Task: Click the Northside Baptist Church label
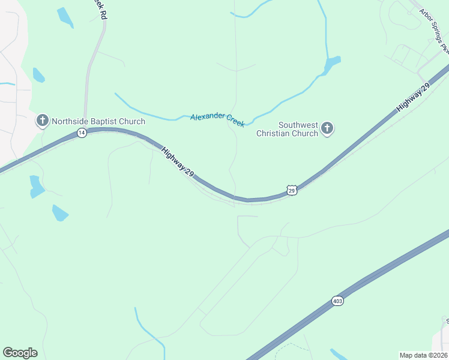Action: (98, 121)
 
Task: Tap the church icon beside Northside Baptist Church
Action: (43, 121)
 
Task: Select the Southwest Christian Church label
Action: (287, 129)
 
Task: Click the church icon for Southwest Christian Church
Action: (327, 128)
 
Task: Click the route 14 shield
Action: (82, 133)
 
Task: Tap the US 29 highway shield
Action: (292, 190)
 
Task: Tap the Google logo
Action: (20, 352)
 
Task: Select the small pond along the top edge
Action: (65, 17)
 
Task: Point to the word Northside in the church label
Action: (70, 121)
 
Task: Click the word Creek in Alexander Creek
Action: (235, 121)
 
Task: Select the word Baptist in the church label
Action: (103, 121)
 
